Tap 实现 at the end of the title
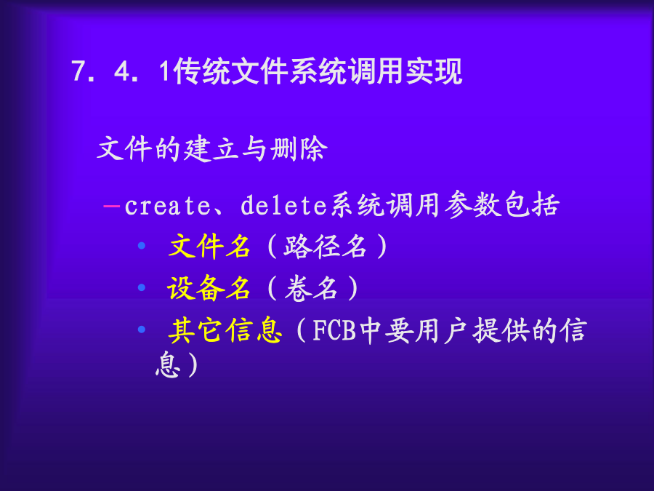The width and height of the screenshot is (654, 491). (x=435, y=71)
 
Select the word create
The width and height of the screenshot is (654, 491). (x=168, y=206)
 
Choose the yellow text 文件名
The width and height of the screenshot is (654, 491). (x=209, y=246)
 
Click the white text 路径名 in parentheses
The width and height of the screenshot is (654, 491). (x=326, y=246)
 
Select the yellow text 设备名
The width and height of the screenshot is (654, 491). (x=209, y=287)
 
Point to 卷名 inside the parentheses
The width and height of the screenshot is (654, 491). (x=311, y=287)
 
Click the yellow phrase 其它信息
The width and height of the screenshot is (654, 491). (x=225, y=330)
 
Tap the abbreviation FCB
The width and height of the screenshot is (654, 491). (x=334, y=330)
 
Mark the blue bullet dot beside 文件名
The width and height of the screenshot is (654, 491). (x=142, y=246)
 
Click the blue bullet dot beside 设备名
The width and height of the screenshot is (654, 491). (x=142, y=287)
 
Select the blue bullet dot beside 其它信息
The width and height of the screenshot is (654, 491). (x=142, y=330)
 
